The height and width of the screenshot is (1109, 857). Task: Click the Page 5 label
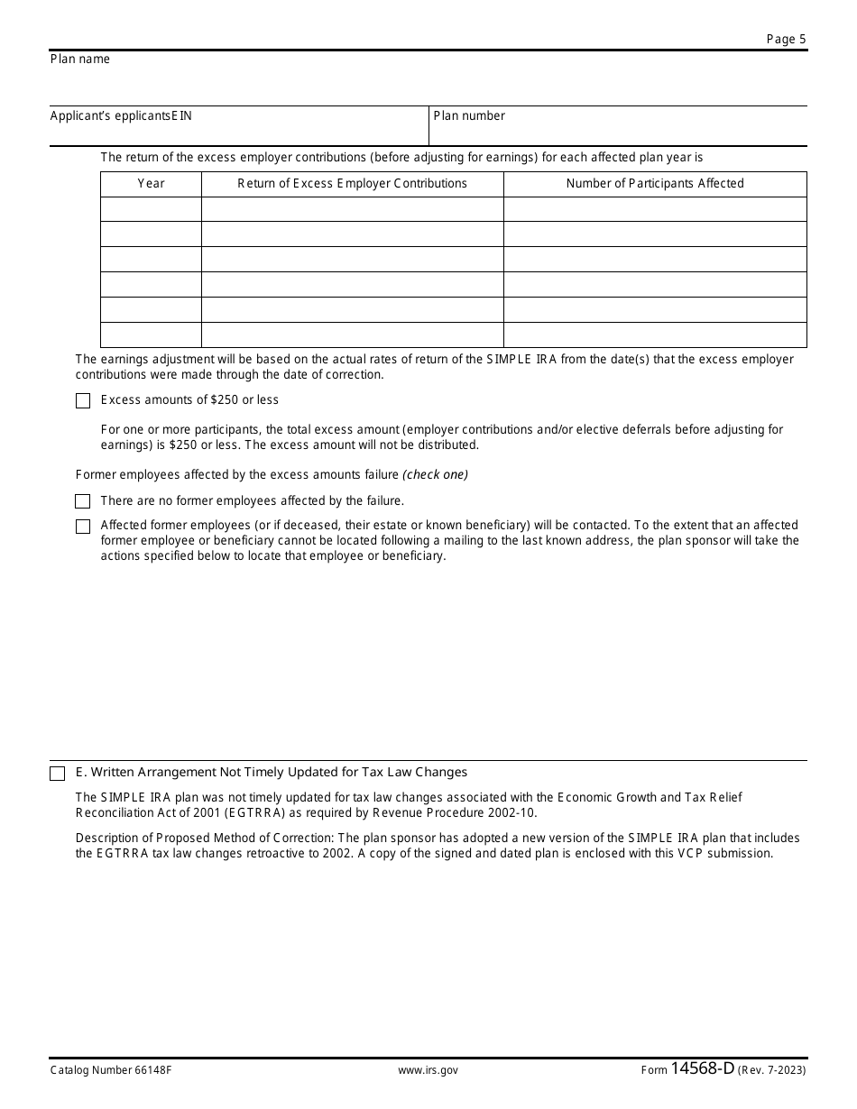pyautogui.click(x=786, y=39)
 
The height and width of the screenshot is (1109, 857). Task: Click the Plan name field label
pyautogui.click(x=80, y=60)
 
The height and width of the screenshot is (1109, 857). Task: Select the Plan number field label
pyautogui.click(x=469, y=116)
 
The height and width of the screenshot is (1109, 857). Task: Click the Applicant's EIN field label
pyautogui.click(x=121, y=116)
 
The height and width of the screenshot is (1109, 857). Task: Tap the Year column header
pyautogui.click(x=151, y=184)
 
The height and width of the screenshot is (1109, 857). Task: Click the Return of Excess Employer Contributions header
pyautogui.click(x=352, y=184)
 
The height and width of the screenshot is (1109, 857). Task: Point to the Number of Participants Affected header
pyautogui.click(x=655, y=184)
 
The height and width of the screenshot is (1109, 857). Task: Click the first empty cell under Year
pyautogui.click(x=151, y=209)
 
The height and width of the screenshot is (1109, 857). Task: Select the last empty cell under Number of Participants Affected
pyautogui.click(x=655, y=335)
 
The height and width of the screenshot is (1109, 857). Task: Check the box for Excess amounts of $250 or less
pyautogui.click(x=83, y=401)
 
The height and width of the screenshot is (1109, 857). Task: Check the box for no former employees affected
pyautogui.click(x=83, y=501)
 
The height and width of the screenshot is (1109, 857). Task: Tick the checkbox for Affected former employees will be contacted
pyautogui.click(x=83, y=527)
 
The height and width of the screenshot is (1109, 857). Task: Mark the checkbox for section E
pyautogui.click(x=58, y=774)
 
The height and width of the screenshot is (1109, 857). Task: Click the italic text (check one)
pyautogui.click(x=436, y=475)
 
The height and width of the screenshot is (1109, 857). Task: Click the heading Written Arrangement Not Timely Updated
pyautogui.click(x=272, y=773)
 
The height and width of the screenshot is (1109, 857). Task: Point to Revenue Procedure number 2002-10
pyautogui.click(x=508, y=812)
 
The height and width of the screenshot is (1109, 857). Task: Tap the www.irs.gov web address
pyautogui.click(x=428, y=1070)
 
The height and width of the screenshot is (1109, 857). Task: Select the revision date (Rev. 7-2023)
pyautogui.click(x=772, y=1070)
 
